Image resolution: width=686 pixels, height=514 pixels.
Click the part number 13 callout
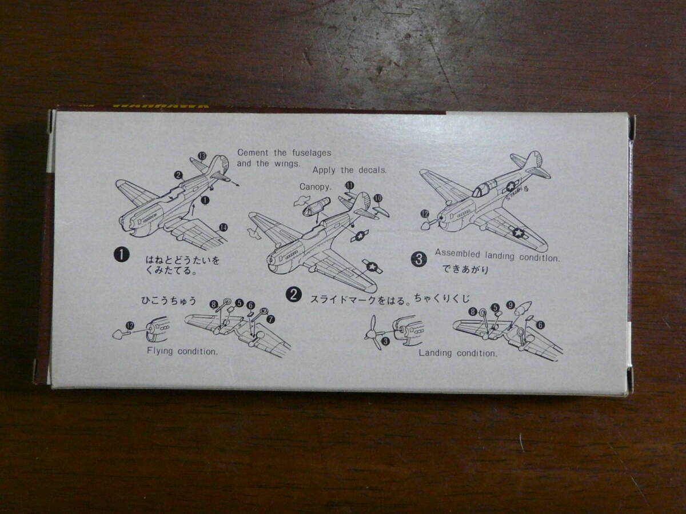pos(201,155)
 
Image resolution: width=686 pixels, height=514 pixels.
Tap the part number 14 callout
pos(223,227)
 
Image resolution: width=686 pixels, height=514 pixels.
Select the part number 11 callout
pos(349,184)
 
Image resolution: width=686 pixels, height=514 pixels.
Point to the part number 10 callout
pos(377,198)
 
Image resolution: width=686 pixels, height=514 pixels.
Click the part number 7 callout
pos(270,319)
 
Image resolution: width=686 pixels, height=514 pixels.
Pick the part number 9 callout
pos(510,306)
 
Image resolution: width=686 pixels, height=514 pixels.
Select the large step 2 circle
pos(293,294)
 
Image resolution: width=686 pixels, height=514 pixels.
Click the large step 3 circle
pos(419,259)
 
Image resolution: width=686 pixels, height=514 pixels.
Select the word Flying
pos(160,351)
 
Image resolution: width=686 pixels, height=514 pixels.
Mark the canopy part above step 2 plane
pos(316,206)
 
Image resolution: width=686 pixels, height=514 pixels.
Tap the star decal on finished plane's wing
pos(518,233)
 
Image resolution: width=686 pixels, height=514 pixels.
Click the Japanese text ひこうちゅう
pos(169,299)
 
